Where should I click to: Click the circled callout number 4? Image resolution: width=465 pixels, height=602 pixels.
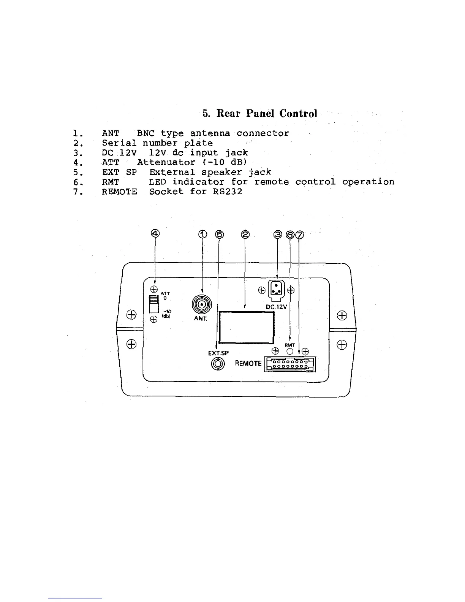coord(155,233)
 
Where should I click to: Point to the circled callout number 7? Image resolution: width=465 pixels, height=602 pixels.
coord(300,235)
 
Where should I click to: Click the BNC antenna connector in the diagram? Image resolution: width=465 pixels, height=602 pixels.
coord(202,304)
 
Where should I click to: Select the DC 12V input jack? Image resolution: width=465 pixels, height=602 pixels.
coord(276,290)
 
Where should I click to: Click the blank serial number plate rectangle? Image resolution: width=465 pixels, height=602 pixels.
coord(247,327)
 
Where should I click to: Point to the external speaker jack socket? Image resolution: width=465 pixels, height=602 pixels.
coord(218,364)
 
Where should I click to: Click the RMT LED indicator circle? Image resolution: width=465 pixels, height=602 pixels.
coord(290,352)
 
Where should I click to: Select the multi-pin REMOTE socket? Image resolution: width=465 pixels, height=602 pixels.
coord(291,364)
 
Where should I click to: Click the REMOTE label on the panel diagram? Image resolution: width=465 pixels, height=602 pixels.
coord(248,363)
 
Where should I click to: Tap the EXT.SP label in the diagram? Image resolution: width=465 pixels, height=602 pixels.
coord(218,353)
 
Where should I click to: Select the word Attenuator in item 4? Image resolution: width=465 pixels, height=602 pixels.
coord(166,162)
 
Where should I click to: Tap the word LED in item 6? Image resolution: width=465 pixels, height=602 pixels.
coord(158,182)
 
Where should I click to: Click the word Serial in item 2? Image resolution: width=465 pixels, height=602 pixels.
coord(119,143)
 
